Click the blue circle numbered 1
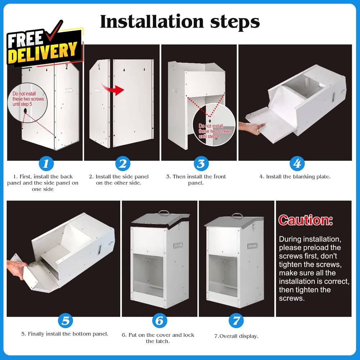point(46,163)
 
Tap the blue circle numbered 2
point(123,163)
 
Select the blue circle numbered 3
point(201,163)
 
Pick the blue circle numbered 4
point(297,163)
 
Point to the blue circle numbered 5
point(66,320)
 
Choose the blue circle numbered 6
point(159,320)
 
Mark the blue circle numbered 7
point(236,320)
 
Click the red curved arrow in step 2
point(112,89)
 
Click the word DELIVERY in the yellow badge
point(43,53)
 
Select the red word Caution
point(306,220)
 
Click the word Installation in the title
point(152,22)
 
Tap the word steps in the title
point(235,22)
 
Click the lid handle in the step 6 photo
point(164,212)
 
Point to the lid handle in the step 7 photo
point(237,215)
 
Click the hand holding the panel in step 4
point(251,128)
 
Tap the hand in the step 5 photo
point(17,269)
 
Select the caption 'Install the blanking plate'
point(298,176)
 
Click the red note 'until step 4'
point(209,136)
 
